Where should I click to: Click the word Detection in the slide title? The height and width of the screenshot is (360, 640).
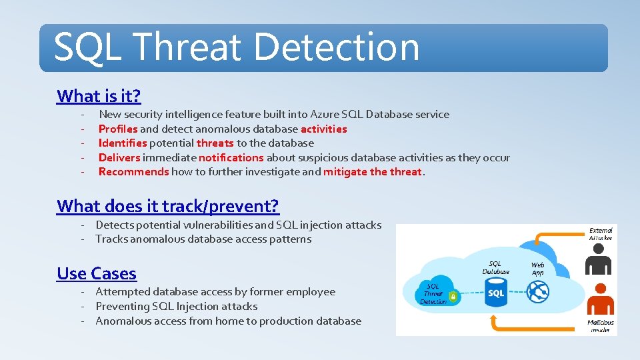(337, 47)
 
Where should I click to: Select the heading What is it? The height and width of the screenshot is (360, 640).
(99, 96)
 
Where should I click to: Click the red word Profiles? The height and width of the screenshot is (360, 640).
(118, 129)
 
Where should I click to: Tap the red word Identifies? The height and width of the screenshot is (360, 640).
(122, 143)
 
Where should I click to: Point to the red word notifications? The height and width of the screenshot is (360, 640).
(231, 157)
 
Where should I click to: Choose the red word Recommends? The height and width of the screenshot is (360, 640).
(133, 172)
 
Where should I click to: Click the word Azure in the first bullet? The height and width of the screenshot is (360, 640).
(325, 115)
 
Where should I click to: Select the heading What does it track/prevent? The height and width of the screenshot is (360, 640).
(168, 206)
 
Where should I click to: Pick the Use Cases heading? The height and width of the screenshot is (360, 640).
(97, 273)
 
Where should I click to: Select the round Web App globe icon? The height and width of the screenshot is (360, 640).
(537, 291)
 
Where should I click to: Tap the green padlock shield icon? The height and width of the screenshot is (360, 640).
(454, 297)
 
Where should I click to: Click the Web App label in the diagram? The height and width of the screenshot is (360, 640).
(537, 269)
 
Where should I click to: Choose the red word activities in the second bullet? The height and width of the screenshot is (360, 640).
(323, 129)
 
